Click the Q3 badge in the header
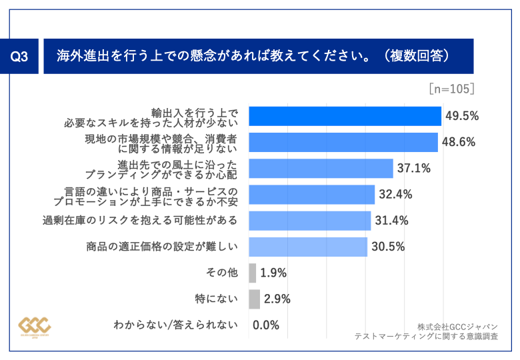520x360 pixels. tap(20, 57)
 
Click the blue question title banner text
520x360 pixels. tap(252, 56)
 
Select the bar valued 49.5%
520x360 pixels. tap(345, 116)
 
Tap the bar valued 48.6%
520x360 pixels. tap(343, 142)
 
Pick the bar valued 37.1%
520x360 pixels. tap(321, 168)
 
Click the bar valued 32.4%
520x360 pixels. tap(311, 194)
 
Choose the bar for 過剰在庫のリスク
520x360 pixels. tap(309, 220)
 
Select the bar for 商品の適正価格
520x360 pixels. tap(307, 247)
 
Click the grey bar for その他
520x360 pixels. tap(253, 273)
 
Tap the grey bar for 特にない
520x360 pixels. tap(254, 299)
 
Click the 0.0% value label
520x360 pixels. tap(266, 325)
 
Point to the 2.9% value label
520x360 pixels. tap(277, 299)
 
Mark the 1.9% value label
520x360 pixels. tap(273, 273)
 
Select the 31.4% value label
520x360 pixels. tap(391, 221)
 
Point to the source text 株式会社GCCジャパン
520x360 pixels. tap(457, 327)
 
